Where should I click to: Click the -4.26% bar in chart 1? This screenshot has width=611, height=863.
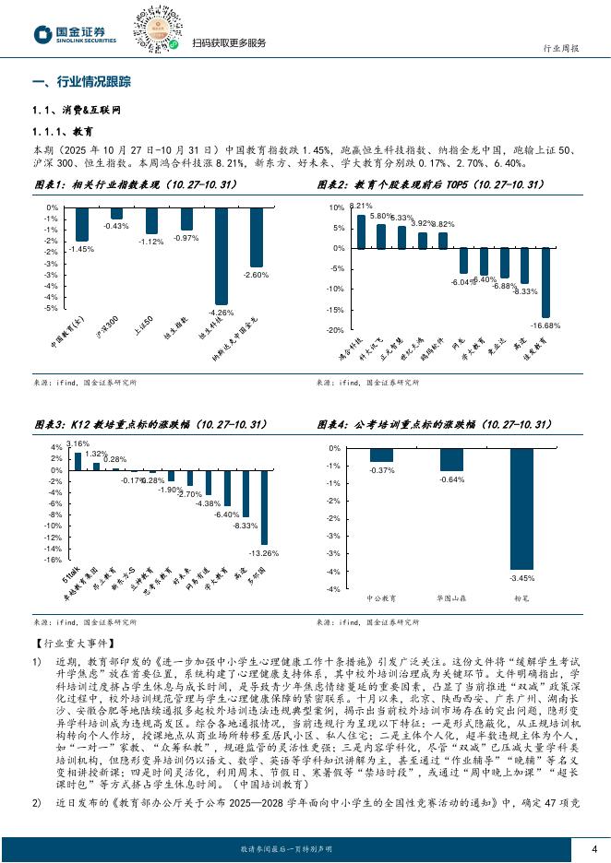coord(222,255)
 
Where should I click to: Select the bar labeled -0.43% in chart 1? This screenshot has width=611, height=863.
coord(116,213)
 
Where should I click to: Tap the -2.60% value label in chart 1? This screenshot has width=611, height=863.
coord(256,275)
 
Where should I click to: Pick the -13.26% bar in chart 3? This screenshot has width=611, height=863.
coord(264,506)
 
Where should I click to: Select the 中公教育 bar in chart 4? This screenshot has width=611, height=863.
coord(381,455)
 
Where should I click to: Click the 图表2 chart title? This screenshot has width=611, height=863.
coord(434,185)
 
